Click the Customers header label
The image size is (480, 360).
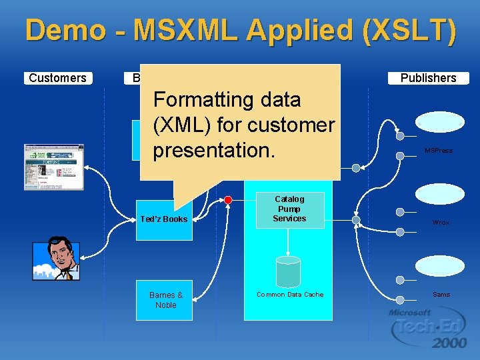point(58,78)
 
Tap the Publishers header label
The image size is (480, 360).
point(428,78)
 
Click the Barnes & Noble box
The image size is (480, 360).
point(166,300)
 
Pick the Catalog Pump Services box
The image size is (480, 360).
point(289,209)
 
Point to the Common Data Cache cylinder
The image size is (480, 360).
point(288,271)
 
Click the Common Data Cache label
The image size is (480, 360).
point(290,295)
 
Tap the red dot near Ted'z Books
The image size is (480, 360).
point(228,200)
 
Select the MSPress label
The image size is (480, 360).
point(439,151)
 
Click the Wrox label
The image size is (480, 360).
point(440,223)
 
